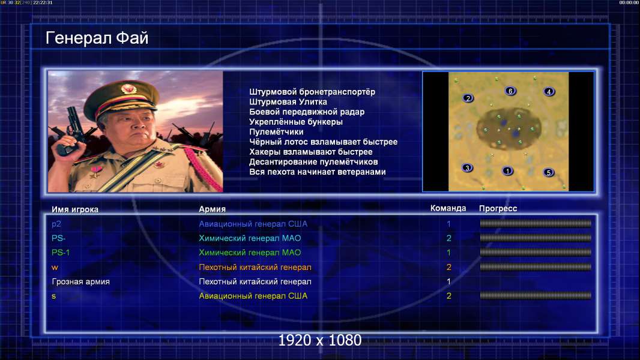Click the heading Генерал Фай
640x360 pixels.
pos(97,38)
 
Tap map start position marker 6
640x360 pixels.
pos(510,91)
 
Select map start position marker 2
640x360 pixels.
pos(468,98)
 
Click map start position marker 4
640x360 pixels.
pos(549,92)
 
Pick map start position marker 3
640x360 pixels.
pos(467,167)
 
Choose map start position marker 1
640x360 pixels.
pos(507,171)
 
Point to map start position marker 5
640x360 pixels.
pos(549,172)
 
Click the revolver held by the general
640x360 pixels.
pos(71,130)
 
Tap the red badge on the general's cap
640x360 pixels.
pos(128,88)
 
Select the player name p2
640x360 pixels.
pos(56,224)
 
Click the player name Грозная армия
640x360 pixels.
pos(81,282)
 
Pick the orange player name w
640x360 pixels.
pos(55,268)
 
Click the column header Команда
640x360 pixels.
pos(448,208)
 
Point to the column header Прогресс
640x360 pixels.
pos(498,208)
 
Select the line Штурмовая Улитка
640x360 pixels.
pos(288,102)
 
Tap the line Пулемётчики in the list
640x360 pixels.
pos(276,131)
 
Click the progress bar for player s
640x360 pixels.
pos(536,296)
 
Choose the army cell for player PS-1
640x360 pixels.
pos(250,253)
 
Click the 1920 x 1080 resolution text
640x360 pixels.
pos(320,340)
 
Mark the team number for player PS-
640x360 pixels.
pos(448,238)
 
